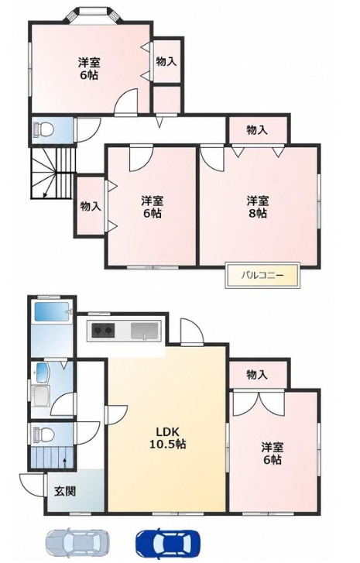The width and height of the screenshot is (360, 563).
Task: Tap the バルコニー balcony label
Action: [x=262, y=276]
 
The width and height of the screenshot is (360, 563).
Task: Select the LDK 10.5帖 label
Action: [x=167, y=438]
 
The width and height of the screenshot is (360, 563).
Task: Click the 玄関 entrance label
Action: [x=65, y=491]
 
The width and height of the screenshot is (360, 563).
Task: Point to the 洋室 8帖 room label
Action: [x=257, y=207]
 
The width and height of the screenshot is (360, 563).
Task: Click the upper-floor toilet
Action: [x=43, y=129]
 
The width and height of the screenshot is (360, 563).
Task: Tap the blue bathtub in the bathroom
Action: [x=52, y=311]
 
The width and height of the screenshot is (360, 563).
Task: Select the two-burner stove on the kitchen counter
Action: [x=104, y=331]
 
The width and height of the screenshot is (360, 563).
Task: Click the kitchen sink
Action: [x=144, y=331]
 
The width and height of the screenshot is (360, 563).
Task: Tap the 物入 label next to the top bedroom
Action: [x=166, y=61]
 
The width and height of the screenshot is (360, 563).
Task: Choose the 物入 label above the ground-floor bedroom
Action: [x=257, y=375]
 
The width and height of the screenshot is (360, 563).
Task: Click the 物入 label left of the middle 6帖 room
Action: [x=91, y=207]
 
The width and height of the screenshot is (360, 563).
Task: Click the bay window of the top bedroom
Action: [x=94, y=15]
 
